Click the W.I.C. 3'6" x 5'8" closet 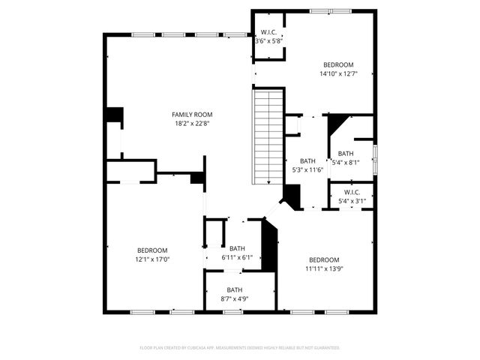[x=268, y=37]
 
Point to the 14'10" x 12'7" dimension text [x=338, y=73]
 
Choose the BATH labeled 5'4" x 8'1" [x=346, y=157]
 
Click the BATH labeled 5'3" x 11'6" [x=307, y=166]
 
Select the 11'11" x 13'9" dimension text [x=324, y=268]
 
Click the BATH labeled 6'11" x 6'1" [x=237, y=253]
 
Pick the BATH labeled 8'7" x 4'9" [x=235, y=294]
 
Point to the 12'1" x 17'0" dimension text [x=152, y=259]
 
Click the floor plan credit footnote [x=240, y=348]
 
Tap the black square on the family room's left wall [x=114, y=115]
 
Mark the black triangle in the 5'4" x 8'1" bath [x=336, y=122]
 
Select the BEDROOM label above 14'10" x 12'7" [x=338, y=64]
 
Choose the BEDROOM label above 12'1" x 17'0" [x=152, y=250]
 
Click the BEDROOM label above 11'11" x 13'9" [x=324, y=259]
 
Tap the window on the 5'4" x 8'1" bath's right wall [x=374, y=153]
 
